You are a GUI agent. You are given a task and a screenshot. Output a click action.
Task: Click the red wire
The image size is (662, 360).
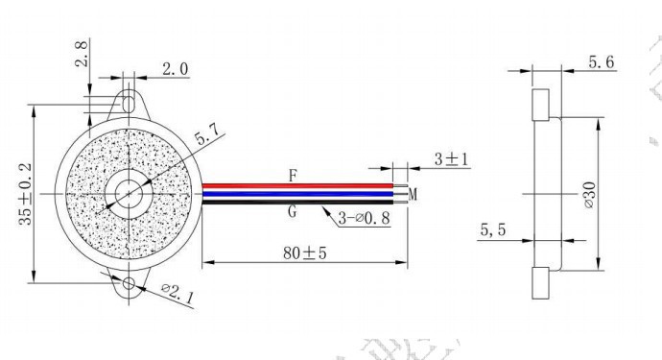[297, 186]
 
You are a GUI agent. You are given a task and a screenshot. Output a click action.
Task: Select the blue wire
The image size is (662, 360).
[297, 194]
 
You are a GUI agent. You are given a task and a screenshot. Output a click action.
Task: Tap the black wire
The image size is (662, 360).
[297, 202]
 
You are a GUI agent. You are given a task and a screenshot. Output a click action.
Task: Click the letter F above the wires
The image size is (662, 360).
[293, 176]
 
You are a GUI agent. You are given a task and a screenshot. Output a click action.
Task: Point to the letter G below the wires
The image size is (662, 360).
[293, 211]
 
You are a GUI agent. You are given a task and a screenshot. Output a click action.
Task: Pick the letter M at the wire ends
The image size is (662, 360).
[413, 194]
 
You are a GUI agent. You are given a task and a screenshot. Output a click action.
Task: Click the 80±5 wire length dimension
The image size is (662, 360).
[305, 253]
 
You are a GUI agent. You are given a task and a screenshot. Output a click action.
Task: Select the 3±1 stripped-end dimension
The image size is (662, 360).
[451, 159]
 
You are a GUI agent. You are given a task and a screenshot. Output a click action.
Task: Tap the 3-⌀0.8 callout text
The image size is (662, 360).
[364, 218]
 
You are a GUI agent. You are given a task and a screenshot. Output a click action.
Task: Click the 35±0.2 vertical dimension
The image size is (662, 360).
[25, 194]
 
